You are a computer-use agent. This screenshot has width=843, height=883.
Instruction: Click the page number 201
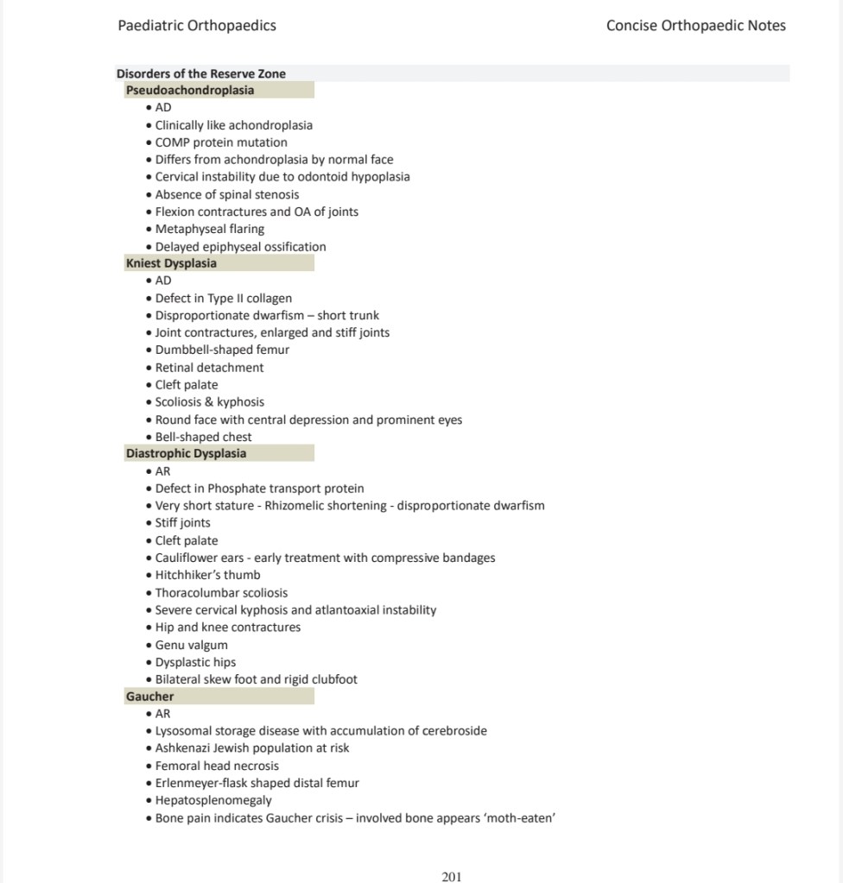point(451,877)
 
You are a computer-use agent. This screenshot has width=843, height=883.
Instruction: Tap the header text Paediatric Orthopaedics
point(197,25)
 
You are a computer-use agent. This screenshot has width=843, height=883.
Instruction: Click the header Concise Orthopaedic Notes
point(695,25)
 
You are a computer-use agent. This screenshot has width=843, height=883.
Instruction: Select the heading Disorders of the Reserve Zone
point(201,73)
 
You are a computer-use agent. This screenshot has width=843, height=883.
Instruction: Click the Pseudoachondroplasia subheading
point(190,90)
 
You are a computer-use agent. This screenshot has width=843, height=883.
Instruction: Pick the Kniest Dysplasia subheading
point(171,263)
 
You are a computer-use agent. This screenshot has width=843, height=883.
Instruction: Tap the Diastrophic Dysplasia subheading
point(186,453)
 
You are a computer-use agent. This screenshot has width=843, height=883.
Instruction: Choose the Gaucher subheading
point(149,696)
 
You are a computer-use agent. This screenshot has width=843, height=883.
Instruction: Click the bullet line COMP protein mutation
point(221,142)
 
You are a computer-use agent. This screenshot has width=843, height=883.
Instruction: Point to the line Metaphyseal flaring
point(210,229)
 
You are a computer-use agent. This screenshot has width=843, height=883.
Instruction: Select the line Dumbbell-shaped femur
point(222,350)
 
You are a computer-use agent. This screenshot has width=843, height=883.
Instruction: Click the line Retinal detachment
point(210,367)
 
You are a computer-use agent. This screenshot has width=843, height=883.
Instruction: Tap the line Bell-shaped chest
point(204,437)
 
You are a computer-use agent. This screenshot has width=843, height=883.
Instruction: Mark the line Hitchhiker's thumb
point(207,575)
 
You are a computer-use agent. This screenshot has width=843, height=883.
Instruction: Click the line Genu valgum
point(192,645)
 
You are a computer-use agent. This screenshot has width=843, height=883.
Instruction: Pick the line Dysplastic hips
point(195,662)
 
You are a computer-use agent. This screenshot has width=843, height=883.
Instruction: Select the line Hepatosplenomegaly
point(213,800)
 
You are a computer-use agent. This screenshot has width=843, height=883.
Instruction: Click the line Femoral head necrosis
point(217,766)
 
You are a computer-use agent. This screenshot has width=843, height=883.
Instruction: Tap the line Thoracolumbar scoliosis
point(221,593)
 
